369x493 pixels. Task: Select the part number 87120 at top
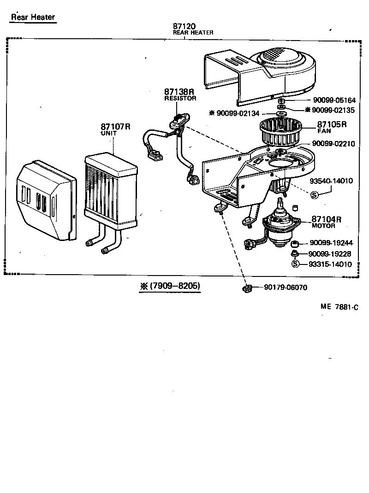pos(184,26)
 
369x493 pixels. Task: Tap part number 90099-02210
pos(333,144)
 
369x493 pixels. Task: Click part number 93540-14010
pos(331,181)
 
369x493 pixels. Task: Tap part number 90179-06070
pos(286,288)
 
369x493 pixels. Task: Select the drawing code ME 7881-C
pos(339,307)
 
